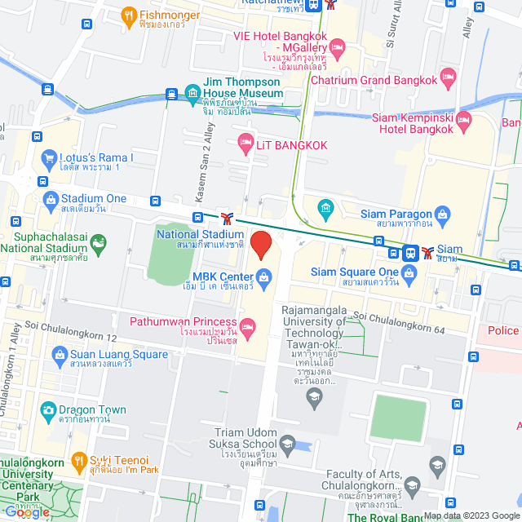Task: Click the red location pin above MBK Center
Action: point(260,245)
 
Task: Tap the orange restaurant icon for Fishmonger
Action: point(128,15)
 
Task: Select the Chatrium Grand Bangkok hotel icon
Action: point(448,78)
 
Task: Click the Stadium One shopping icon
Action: point(51,198)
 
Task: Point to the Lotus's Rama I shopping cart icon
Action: point(48,157)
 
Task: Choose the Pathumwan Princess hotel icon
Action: point(247,328)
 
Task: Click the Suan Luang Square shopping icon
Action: point(60,354)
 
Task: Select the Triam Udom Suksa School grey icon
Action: point(286,444)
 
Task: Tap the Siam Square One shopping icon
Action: point(410,272)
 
